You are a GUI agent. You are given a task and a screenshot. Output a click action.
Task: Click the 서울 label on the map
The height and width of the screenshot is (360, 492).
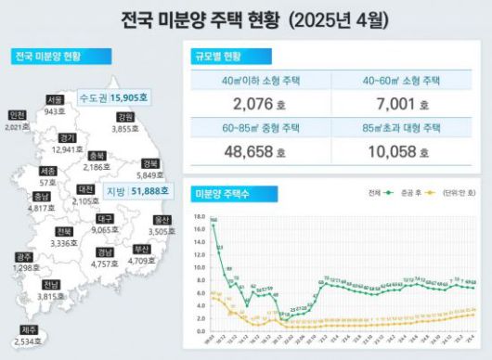click(55, 99)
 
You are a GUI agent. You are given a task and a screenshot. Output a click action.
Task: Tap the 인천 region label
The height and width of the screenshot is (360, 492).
click(17, 115)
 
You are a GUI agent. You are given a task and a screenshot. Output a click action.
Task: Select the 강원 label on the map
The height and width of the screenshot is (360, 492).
click(125, 118)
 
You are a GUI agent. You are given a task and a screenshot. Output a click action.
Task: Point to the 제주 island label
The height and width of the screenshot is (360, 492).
click(29, 329)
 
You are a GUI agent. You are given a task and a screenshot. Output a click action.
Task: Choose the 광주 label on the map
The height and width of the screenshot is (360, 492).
click(26, 257)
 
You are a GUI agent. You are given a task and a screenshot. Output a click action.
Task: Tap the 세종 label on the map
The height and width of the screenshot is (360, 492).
click(47, 172)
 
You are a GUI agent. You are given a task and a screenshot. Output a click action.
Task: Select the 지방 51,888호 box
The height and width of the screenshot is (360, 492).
click(136, 191)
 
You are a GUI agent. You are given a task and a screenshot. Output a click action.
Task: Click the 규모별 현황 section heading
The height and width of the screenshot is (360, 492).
click(217, 57)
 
